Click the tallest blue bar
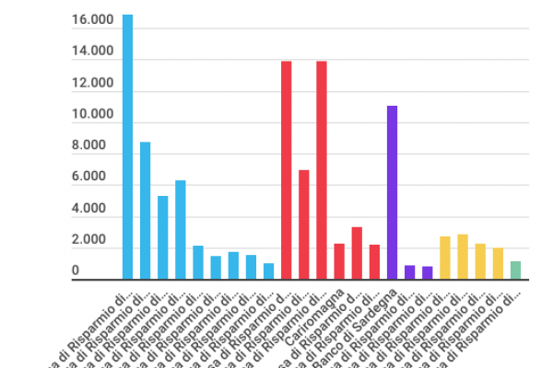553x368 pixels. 127,147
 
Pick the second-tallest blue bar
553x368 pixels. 145,211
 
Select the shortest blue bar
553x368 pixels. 268,271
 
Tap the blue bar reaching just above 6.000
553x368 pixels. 181,230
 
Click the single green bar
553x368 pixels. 515,270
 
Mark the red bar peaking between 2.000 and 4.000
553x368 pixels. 357,253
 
